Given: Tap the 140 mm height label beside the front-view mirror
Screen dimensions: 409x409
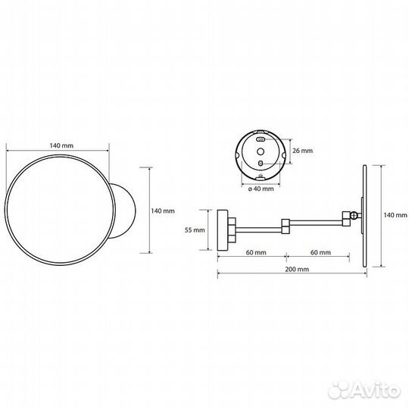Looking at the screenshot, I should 163,211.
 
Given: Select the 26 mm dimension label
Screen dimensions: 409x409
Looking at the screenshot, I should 302,151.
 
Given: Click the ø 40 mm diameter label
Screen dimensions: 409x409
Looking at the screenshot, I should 260,189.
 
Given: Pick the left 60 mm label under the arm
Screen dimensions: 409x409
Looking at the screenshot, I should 254,252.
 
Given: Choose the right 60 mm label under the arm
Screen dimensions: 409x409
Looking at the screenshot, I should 319,252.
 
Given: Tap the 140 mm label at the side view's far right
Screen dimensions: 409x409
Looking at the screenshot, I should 395,216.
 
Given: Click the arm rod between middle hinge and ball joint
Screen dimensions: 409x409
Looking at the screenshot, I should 318,222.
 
